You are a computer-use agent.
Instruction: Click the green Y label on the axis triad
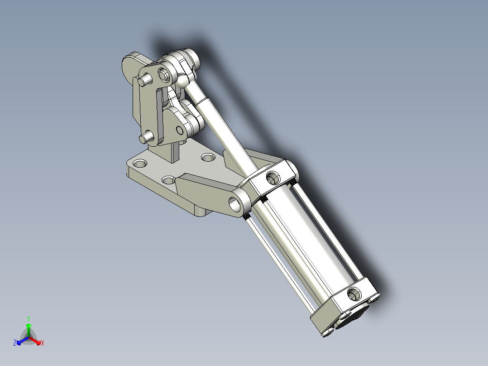click(29, 318)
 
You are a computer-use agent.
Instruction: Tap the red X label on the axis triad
click(43, 343)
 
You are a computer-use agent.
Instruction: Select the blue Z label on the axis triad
click(15, 342)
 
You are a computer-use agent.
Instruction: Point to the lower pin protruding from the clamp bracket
click(145, 137)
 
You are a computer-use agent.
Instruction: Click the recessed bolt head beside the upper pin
click(164, 74)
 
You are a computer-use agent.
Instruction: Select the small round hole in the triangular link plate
click(180, 130)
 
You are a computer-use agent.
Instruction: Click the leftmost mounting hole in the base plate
click(140, 163)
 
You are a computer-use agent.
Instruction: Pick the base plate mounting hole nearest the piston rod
click(208, 157)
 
